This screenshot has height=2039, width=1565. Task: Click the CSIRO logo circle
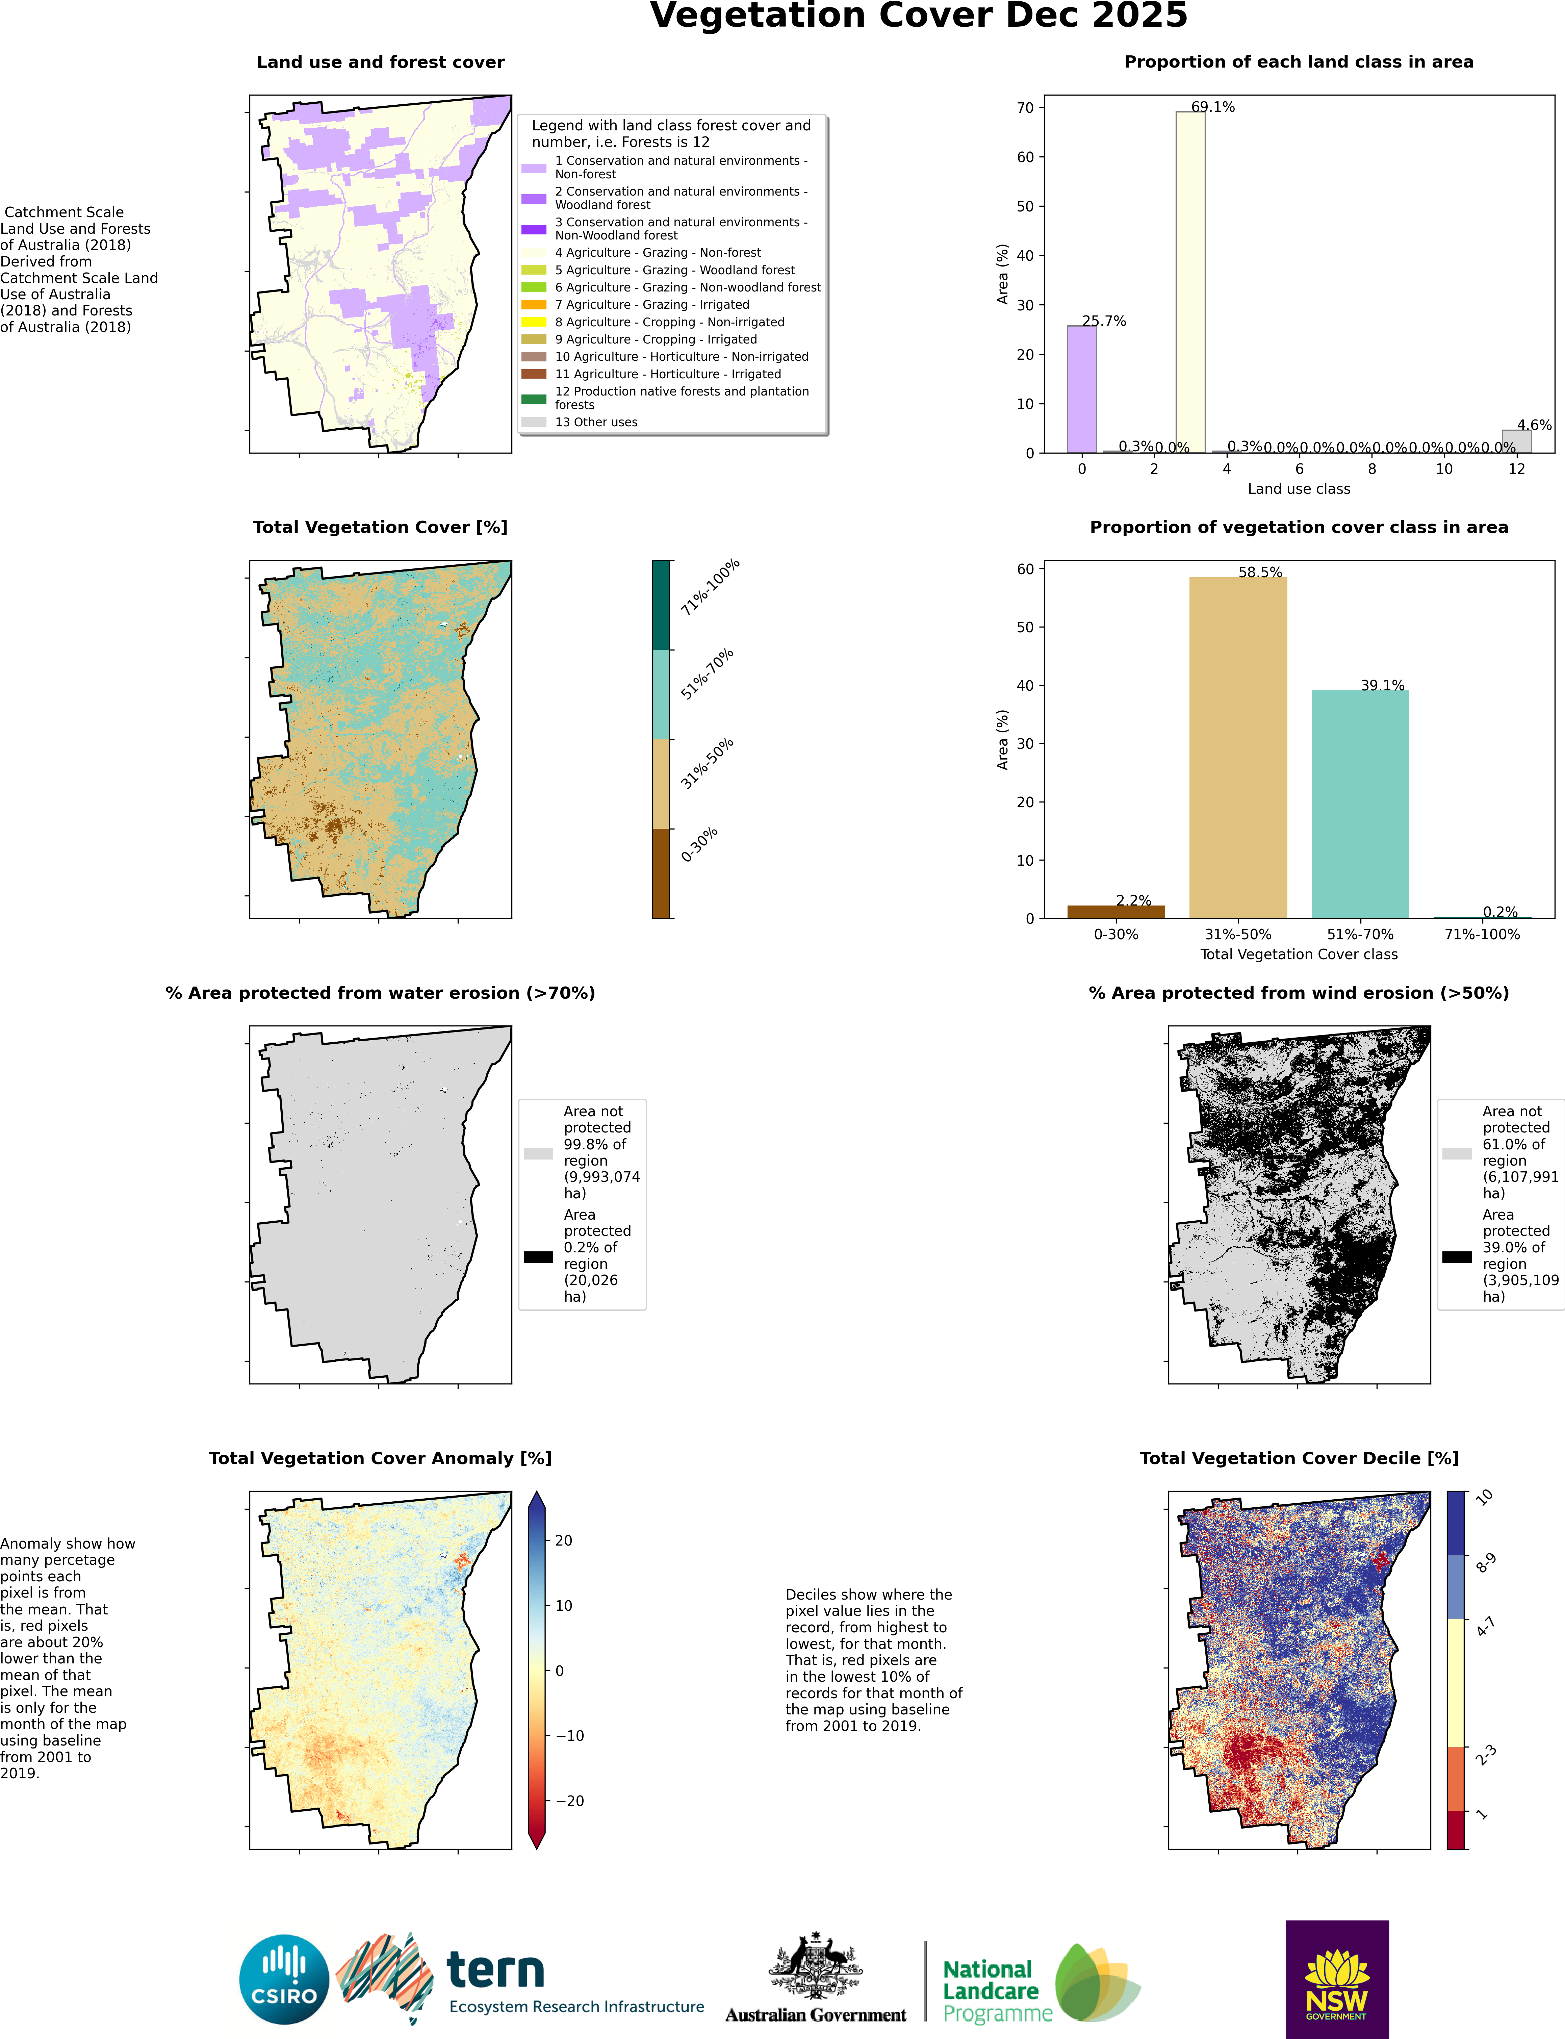click(284, 1979)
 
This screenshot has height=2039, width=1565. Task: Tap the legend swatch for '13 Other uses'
click(534, 422)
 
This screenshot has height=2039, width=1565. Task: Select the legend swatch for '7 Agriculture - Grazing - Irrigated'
click(534, 305)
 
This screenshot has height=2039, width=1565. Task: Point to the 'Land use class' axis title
click(1299, 489)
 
